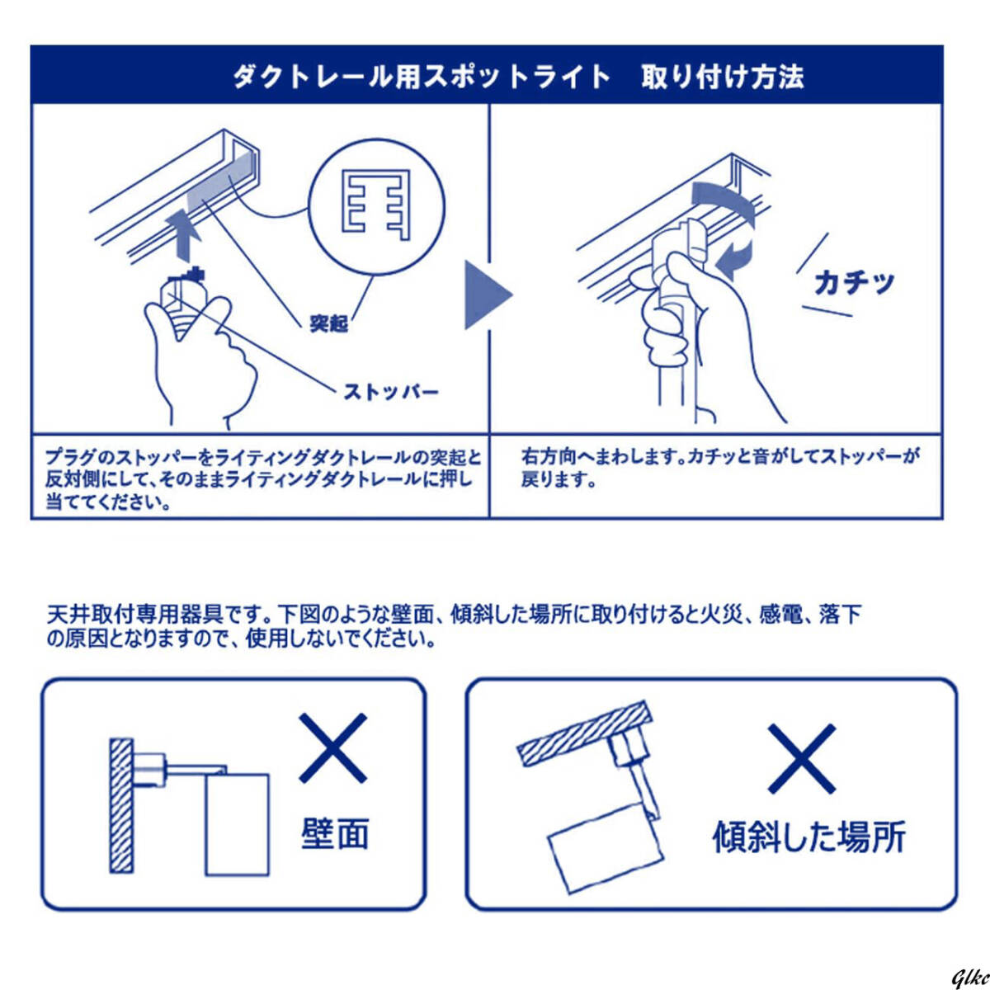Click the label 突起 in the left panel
pyautogui.click(x=328, y=323)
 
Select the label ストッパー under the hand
pyautogui.click(x=391, y=392)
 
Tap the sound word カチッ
pyautogui.click(x=853, y=283)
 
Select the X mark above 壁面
pyautogui.click(x=332, y=748)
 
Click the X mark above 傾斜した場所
pyautogui.click(x=801, y=758)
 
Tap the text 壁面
pyautogui.click(x=334, y=833)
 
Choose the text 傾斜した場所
pyautogui.click(x=808, y=836)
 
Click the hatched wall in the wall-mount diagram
pyautogui.click(x=121, y=805)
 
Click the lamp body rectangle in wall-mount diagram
pyautogui.click(x=237, y=823)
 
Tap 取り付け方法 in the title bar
pyautogui.click(x=722, y=77)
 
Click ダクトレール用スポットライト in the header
pyautogui.click(x=421, y=77)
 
